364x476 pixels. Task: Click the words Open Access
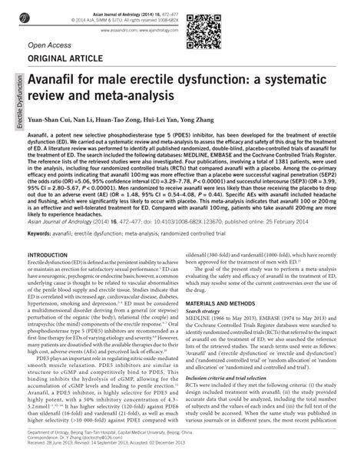(x=48, y=45)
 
